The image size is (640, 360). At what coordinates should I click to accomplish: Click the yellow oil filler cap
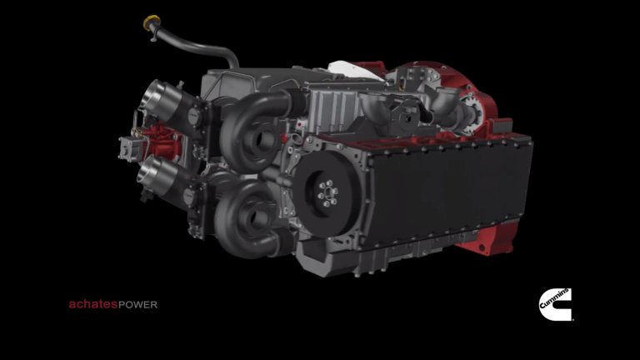[152, 22]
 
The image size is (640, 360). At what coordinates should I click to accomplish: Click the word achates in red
[93, 304]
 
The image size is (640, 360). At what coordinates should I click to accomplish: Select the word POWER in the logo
[138, 305]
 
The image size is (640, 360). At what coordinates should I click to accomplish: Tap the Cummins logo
[556, 304]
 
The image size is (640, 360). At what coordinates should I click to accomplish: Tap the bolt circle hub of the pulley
[328, 193]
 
